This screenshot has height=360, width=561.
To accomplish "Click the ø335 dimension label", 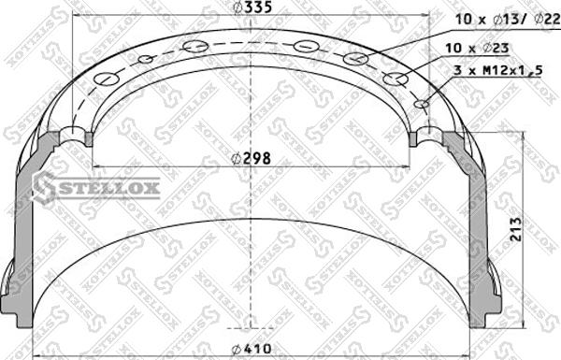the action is point(252,7).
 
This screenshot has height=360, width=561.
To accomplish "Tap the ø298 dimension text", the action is point(252,158).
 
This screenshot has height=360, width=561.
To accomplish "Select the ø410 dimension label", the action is point(252,348).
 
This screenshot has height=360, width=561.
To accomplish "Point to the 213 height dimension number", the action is point(516,229).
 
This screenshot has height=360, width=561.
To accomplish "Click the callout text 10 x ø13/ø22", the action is point(507,19).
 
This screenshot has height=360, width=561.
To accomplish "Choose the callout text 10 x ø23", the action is point(477,48).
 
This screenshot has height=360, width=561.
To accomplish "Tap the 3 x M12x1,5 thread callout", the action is point(498,70).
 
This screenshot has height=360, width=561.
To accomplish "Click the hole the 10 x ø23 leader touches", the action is point(396,79).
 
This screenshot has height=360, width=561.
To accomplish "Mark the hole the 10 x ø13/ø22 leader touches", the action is point(355,59).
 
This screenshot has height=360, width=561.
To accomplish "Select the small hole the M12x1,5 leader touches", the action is point(422,104).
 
